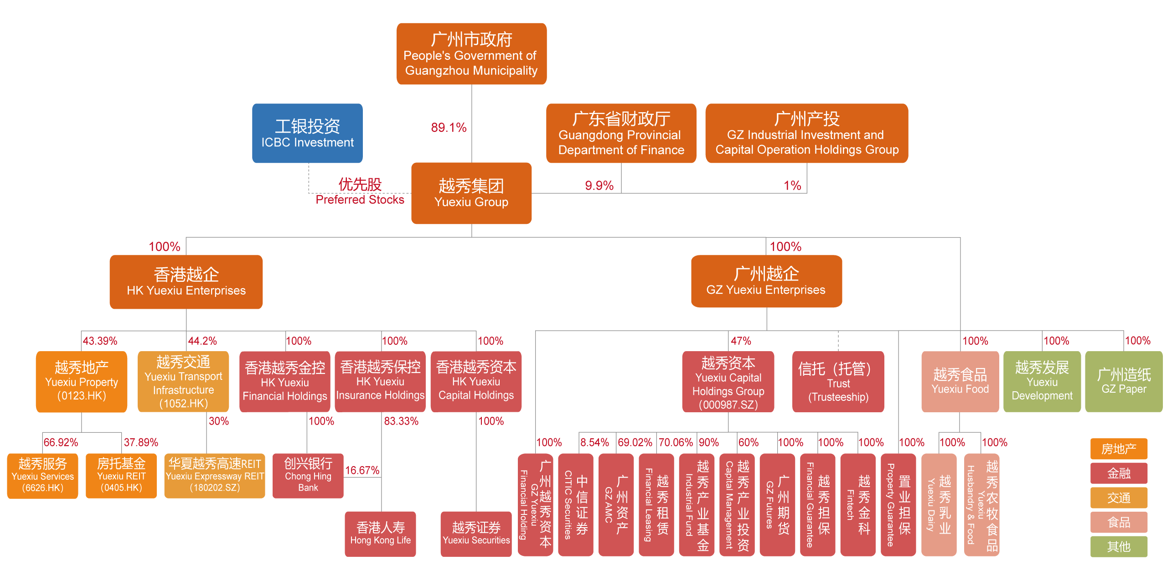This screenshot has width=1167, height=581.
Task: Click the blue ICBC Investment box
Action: pos(307,133)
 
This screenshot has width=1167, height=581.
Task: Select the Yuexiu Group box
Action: pos(471,193)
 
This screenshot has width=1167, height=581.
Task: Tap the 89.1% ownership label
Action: pos(449,128)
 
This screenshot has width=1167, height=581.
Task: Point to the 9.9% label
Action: pos(599,186)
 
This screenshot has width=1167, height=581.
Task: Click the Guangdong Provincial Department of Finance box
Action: pos(621,133)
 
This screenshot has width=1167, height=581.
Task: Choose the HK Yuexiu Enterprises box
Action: pos(186,282)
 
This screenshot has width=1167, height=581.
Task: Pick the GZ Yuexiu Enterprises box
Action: pos(766,281)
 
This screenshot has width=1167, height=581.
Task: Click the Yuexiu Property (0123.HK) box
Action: pos(82,382)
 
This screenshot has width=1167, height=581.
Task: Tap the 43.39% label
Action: pos(100,341)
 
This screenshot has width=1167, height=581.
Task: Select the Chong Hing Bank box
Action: pos(308,476)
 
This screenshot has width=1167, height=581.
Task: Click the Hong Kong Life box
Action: pos(380,534)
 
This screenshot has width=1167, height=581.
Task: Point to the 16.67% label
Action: pos(362,470)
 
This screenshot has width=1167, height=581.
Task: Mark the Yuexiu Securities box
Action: pos(476,534)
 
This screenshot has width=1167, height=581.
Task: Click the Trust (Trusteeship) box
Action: pos(838,382)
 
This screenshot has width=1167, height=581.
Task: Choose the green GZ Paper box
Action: pos(1124,382)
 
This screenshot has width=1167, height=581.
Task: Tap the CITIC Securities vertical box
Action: pos(575,504)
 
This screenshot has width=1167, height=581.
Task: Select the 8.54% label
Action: pos(594,442)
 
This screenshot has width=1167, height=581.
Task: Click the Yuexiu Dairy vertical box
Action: pos(939,504)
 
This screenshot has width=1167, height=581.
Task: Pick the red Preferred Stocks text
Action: pos(360,200)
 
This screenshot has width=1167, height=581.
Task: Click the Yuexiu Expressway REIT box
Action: pos(215,476)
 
